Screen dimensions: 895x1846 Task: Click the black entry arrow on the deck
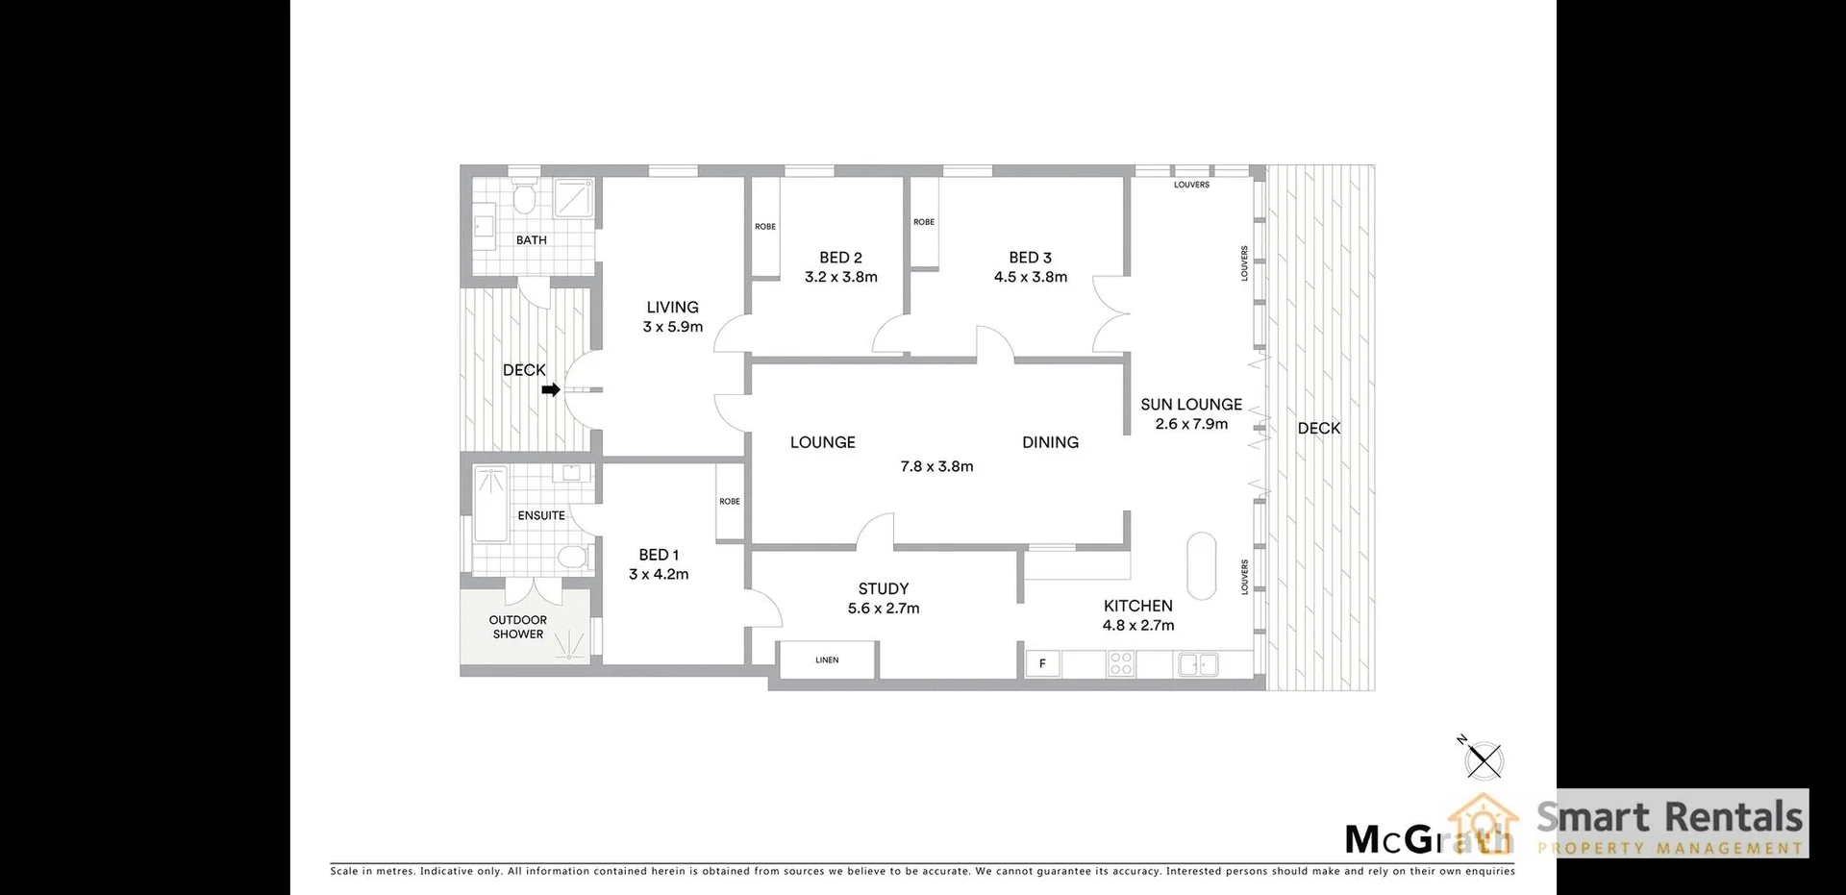point(551,389)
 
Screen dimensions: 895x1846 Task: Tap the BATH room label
point(531,240)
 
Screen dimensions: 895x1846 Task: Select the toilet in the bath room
point(524,199)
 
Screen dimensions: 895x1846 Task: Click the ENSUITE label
point(541,515)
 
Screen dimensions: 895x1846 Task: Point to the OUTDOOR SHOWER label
point(517,627)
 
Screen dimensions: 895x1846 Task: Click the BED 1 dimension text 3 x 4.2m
point(659,574)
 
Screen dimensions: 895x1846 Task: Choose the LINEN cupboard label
point(827,660)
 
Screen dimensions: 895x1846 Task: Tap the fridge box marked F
point(1042,663)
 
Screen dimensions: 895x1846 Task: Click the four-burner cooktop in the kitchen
point(1121,663)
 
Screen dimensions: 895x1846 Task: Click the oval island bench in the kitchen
point(1201,565)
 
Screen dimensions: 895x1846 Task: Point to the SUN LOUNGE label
point(1191,405)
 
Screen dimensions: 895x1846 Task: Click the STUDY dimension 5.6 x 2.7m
point(884,609)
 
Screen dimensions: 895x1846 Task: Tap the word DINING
point(1050,442)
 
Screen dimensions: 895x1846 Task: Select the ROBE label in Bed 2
point(765,227)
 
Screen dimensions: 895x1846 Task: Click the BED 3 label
point(1030,258)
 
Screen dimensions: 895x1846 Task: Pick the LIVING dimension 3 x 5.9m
point(673,327)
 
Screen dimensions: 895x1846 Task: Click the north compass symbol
point(1484,760)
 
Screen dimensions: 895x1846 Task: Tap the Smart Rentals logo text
point(1669,817)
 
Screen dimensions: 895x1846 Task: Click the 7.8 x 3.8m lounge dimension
point(936,466)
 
